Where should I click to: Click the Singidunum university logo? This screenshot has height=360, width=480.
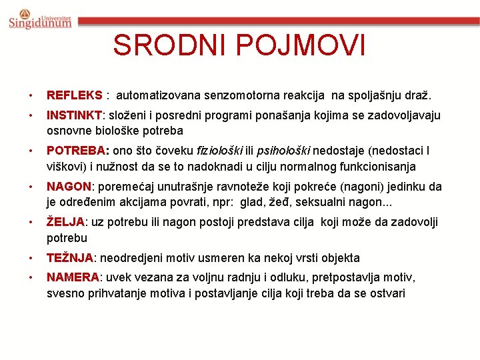pos(39,19)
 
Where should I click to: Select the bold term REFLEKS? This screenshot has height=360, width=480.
pos(74,95)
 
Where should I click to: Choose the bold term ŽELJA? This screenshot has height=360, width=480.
pos(65,222)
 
